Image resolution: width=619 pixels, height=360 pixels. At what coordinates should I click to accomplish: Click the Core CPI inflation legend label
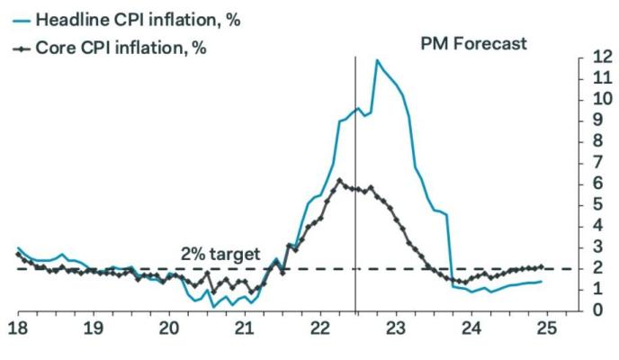pyautogui.click(x=121, y=47)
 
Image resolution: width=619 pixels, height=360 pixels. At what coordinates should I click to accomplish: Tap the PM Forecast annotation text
pyautogui.click(x=473, y=43)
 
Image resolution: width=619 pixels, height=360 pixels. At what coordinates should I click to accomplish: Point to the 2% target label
pyautogui.click(x=221, y=253)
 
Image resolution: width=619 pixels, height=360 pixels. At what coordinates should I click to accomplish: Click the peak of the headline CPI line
pyautogui.click(x=376, y=60)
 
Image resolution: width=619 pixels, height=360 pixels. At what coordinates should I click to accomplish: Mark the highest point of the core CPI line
pyautogui.click(x=338, y=180)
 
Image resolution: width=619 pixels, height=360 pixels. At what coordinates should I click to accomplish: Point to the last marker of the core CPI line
pyautogui.click(x=541, y=266)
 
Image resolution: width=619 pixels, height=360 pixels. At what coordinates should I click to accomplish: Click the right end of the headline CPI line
pyautogui.click(x=541, y=281)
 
